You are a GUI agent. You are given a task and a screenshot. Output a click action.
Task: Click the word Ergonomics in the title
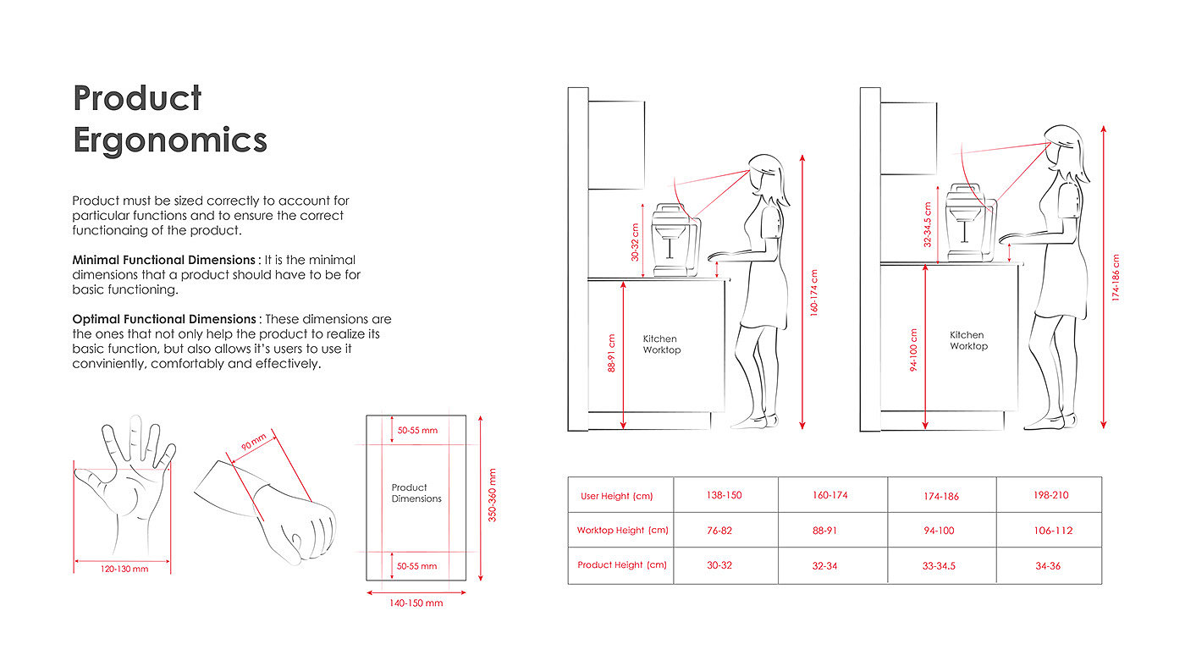170,140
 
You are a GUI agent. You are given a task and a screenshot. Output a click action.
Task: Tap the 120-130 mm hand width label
124,569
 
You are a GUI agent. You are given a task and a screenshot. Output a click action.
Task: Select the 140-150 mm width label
416,603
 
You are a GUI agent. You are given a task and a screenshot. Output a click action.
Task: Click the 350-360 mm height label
493,495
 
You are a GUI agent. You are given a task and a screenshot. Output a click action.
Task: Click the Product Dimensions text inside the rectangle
416,493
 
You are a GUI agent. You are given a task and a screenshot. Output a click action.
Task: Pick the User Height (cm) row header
616,496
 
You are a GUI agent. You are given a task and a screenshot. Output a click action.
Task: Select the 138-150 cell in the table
724,495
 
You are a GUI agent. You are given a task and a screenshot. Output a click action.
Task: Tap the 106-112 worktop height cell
1053,531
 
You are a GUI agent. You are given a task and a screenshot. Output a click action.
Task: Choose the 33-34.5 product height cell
940,566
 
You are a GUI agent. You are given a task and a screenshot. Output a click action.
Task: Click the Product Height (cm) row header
621,564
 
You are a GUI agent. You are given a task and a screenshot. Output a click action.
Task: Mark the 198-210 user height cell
1050,495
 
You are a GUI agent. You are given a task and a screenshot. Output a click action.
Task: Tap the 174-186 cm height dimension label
1116,278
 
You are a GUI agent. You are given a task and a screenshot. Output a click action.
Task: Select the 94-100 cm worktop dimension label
914,350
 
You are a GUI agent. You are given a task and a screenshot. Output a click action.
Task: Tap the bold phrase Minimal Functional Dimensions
163,260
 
